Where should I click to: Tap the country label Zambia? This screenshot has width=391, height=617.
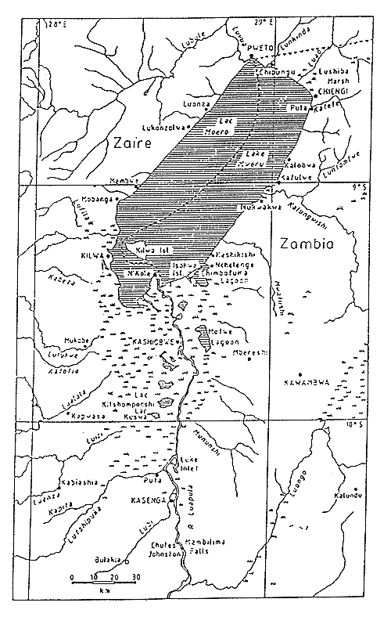tap(306, 244)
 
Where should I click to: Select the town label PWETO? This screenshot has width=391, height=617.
tap(258, 47)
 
